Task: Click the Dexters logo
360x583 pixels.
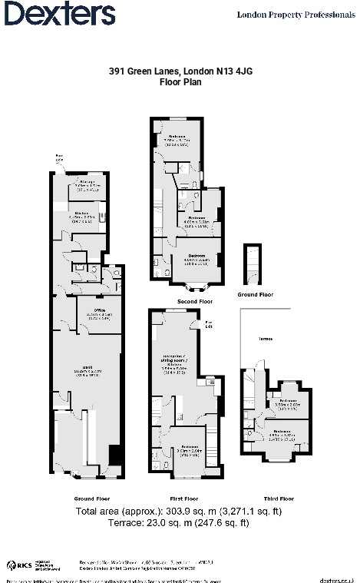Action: pos(60,14)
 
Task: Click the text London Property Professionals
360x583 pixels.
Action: pos(296,15)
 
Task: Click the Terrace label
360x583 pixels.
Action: pos(266,337)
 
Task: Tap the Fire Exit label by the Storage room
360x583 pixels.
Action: pos(59,159)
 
